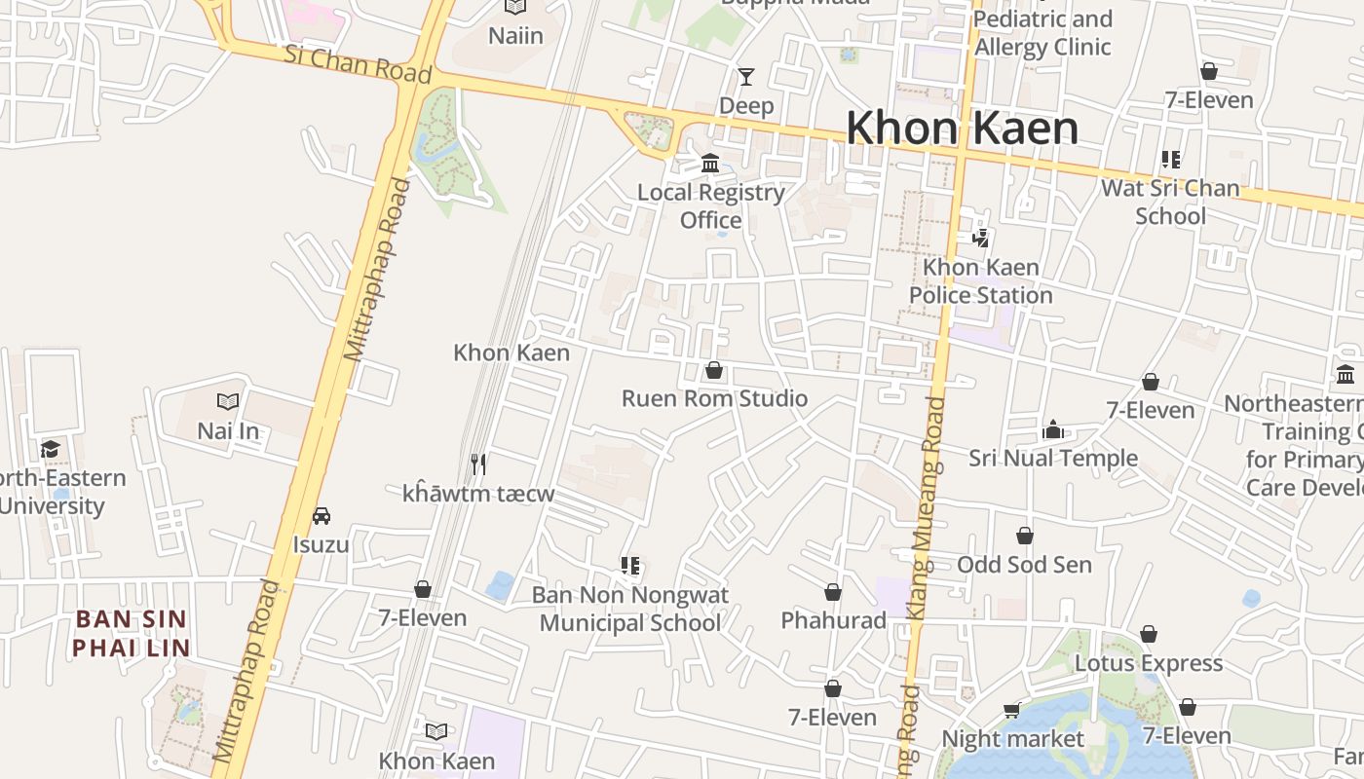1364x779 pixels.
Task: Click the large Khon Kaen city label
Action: pyautogui.click(x=962, y=129)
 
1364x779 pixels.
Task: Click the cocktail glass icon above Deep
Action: pyautogui.click(x=746, y=77)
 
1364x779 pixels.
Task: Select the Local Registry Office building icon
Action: pyautogui.click(x=710, y=163)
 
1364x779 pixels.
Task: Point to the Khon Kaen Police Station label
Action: pyautogui.click(x=980, y=280)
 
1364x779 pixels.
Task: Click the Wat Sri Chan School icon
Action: pyautogui.click(x=1170, y=160)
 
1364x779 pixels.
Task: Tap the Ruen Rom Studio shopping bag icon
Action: pyautogui.click(x=714, y=371)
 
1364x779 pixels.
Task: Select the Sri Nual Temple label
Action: pyautogui.click(x=1052, y=458)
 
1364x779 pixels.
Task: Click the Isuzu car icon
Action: pyautogui.click(x=321, y=516)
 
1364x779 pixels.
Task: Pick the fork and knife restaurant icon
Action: pyautogui.click(x=477, y=464)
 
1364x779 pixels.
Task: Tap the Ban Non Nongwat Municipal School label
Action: pyautogui.click(x=630, y=609)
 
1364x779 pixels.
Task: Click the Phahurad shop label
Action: pyautogui.click(x=833, y=620)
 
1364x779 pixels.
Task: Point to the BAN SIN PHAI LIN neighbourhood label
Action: pyautogui.click(x=131, y=633)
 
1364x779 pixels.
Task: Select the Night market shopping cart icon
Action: pyautogui.click(x=1012, y=711)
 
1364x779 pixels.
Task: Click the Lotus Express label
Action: pyautogui.click(x=1148, y=663)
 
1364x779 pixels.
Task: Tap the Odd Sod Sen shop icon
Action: pyautogui.click(x=1024, y=537)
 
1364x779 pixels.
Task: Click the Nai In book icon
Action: pyautogui.click(x=228, y=401)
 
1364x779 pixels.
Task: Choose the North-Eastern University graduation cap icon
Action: pyautogui.click(x=50, y=449)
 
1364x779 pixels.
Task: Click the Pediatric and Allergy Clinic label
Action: pyautogui.click(x=1042, y=33)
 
